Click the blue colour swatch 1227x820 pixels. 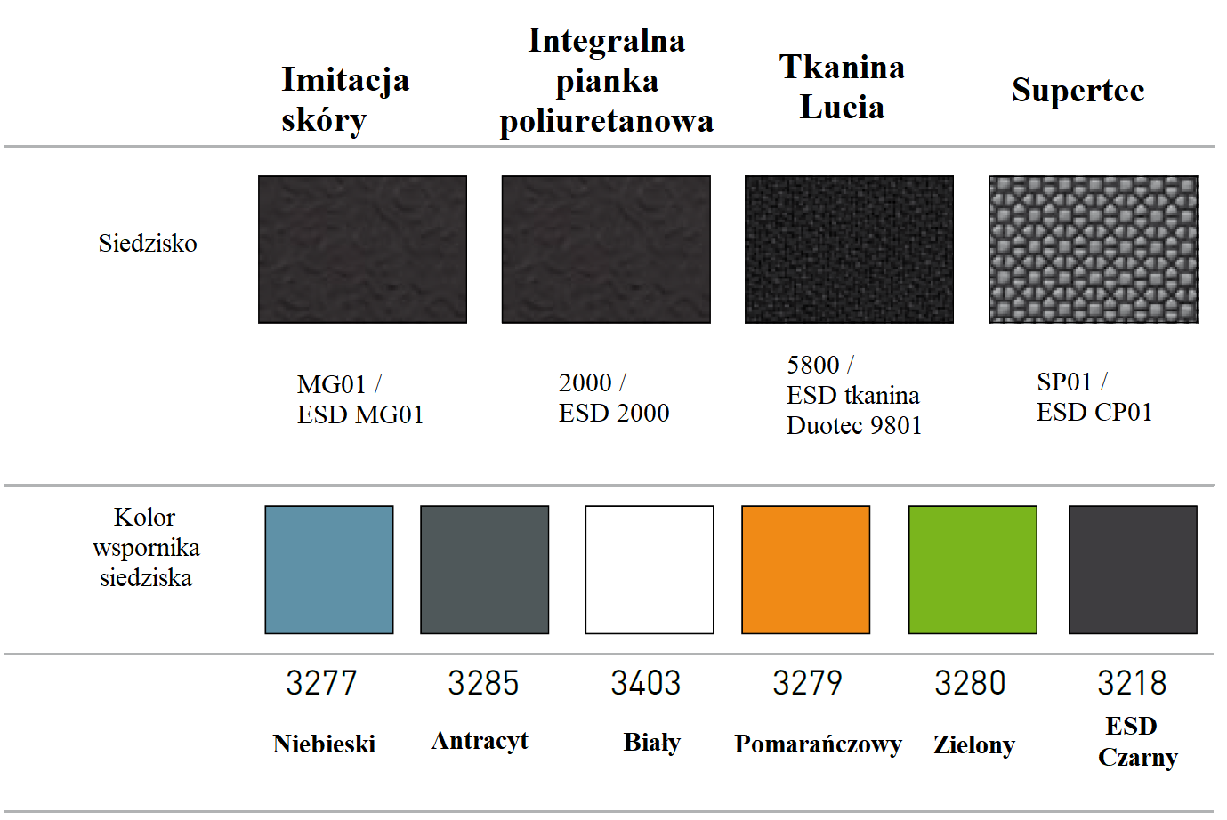point(329,569)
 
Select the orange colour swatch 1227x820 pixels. point(805,569)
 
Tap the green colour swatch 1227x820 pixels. point(973,569)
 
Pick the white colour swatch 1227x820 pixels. point(650,569)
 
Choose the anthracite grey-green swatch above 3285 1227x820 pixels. point(484,569)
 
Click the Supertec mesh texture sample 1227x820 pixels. point(1093,249)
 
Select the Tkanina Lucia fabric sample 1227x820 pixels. point(849,249)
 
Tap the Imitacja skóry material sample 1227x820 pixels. point(362,249)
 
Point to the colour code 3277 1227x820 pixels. point(321,683)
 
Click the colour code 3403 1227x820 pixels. point(645,683)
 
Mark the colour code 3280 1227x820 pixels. point(970,683)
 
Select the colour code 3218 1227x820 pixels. point(1132,683)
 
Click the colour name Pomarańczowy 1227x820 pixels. point(818,744)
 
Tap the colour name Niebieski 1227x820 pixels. point(324,744)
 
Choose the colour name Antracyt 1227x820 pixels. point(480,741)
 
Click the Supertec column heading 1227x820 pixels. point(1078,90)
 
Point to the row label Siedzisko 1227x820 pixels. point(148,244)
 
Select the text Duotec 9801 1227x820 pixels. point(854,426)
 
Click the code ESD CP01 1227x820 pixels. point(1094,413)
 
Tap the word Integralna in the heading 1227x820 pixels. point(606,41)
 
